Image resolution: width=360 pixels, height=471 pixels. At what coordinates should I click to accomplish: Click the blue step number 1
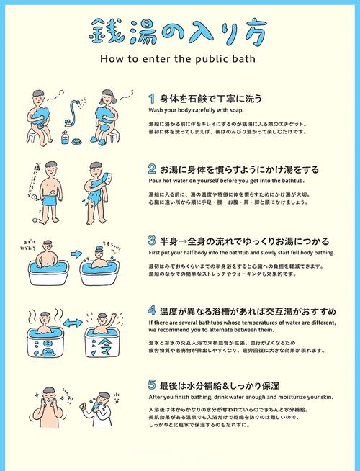[x=152, y=98]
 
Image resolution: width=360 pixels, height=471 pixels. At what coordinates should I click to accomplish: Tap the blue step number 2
[x=152, y=169]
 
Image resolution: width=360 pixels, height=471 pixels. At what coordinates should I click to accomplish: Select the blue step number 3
[x=152, y=240]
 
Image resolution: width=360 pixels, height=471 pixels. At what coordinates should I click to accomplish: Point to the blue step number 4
[x=152, y=311]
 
